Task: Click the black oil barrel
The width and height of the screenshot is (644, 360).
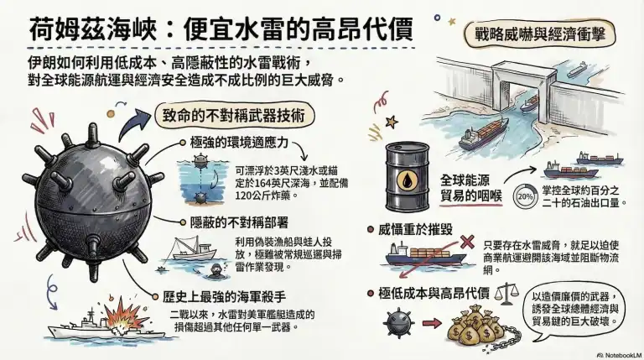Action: [x=407, y=177]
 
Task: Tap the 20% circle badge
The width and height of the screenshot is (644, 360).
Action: [x=525, y=196]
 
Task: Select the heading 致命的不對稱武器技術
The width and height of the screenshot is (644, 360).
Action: [x=234, y=116]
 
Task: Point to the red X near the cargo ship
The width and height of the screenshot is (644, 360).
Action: [x=467, y=242]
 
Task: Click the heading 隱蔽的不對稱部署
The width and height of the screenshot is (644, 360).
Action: [x=239, y=222]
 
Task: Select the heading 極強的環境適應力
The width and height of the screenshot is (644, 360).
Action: [x=239, y=143]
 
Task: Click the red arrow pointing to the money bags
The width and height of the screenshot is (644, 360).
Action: [x=431, y=323]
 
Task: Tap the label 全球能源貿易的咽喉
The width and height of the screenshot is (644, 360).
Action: [x=471, y=188]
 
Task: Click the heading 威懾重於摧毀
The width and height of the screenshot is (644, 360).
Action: [x=415, y=229]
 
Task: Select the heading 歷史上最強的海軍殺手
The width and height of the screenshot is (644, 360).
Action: [x=224, y=297]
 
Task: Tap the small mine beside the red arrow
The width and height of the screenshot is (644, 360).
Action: [x=398, y=323]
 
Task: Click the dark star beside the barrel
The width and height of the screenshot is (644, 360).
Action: [x=392, y=122]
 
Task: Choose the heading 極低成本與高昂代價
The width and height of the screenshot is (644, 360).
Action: [x=434, y=294]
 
